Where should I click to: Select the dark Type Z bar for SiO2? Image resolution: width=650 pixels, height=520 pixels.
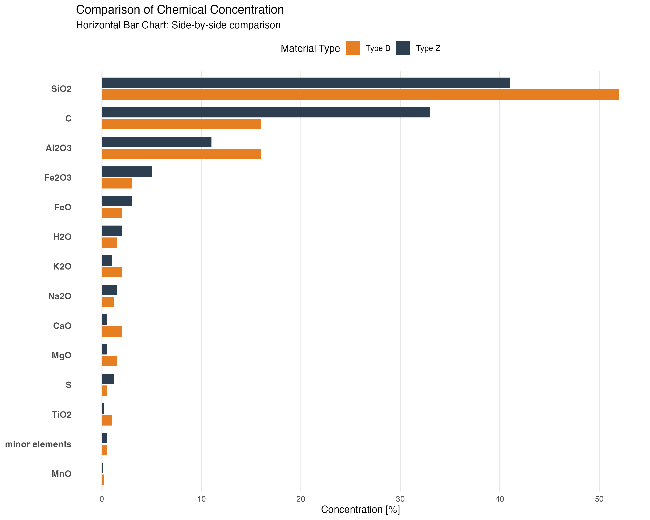(306, 83)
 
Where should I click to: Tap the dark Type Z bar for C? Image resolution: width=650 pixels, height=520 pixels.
(266, 112)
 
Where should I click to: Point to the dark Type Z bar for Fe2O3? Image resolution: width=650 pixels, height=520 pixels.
(127, 172)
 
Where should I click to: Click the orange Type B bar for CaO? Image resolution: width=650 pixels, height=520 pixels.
(112, 331)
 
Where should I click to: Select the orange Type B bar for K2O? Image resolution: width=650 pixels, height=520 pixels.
(112, 272)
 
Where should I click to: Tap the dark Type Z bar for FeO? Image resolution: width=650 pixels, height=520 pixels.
(117, 201)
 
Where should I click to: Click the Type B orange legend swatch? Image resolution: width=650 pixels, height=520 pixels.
(353, 48)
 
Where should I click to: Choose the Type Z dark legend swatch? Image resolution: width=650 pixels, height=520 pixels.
(403, 48)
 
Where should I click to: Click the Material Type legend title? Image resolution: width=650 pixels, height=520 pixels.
(310, 49)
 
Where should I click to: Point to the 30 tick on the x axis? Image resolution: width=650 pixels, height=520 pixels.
(400, 499)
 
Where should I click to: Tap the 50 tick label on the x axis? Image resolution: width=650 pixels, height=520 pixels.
(599, 499)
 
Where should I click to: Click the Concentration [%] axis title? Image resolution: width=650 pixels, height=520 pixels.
(360, 509)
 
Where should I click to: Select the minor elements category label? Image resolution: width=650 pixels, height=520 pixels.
(38, 444)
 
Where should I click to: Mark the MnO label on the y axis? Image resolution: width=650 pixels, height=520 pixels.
(62, 474)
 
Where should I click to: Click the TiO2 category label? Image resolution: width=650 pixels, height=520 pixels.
(62, 415)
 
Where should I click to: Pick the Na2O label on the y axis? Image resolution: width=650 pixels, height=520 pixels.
(60, 296)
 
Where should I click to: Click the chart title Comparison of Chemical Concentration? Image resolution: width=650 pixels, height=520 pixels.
(180, 10)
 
